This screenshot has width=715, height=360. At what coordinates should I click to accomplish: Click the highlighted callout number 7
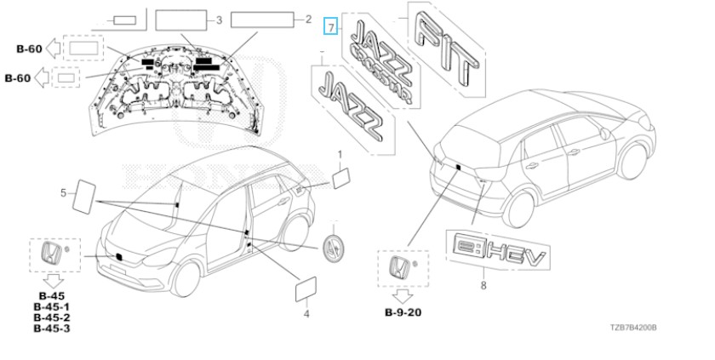330,26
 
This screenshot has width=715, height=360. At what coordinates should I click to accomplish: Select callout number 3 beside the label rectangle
219,20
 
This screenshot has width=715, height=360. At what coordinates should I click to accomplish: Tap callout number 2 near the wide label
308,19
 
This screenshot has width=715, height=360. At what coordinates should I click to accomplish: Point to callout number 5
63,193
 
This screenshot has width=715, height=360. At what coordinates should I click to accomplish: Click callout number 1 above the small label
340,155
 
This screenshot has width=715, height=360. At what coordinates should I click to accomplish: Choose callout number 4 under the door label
306,313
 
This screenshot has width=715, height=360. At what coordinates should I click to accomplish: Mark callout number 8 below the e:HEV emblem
483,285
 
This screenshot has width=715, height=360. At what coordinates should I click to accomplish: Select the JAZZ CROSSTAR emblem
382,60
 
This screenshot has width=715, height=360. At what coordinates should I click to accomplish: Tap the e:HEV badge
499,250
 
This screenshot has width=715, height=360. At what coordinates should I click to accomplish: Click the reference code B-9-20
403,312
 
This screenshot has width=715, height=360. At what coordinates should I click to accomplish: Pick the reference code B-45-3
52,329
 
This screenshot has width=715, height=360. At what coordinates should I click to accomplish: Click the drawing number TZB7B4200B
634,328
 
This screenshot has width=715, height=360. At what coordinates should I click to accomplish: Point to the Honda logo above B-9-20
399,268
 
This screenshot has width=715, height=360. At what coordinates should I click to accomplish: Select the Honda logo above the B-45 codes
52,254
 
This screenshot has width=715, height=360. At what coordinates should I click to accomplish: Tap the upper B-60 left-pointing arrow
54,49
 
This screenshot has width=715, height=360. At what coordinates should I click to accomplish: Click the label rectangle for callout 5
84,197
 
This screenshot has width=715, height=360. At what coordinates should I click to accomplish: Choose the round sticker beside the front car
334,248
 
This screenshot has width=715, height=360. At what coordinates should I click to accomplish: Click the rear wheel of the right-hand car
519,209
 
